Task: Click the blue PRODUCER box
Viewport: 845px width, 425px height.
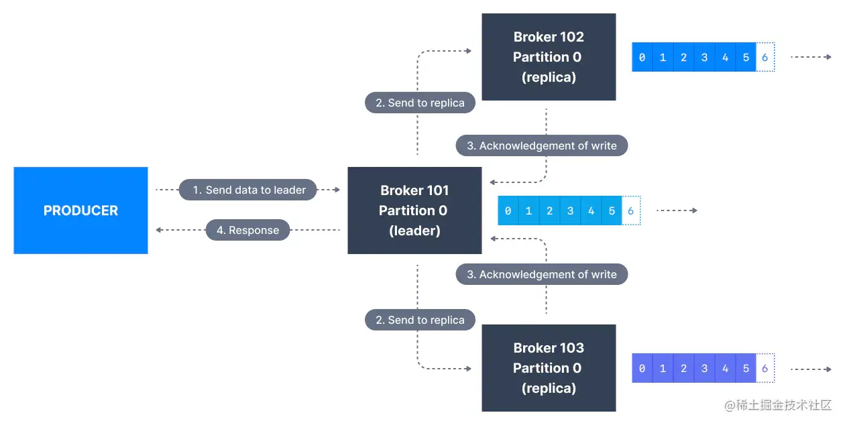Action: pos(80,210)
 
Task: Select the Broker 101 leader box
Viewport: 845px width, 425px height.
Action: pos(414,210)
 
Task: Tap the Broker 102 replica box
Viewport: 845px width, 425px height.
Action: pos(549,57)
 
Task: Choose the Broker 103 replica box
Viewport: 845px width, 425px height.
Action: pos(549,368)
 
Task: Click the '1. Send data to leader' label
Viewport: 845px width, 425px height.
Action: pos(249,190)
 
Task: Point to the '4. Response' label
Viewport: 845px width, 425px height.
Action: pos(247,231)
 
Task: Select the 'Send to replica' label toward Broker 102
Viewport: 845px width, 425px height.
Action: pos(420,103)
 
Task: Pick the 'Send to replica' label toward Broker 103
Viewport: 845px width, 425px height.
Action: pos(420,320)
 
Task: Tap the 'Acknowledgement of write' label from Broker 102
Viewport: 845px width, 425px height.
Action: pos(541,145)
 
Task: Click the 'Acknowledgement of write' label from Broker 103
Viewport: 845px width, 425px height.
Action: pos(541,274)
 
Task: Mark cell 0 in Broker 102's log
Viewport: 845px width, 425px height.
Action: pos(642,58)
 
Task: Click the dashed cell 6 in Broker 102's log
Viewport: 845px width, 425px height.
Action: pos(765,58)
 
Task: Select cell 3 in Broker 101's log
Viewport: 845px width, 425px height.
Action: pos(570,210)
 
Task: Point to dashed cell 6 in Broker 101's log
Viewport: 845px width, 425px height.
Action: pos(630,210)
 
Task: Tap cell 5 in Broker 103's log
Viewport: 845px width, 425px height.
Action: pos(746,369)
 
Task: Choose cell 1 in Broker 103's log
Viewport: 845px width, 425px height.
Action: pos(663,369)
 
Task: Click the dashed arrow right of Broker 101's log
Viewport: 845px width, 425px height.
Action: pos(677,210)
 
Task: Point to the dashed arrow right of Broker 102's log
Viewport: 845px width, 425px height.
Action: pos(811,58)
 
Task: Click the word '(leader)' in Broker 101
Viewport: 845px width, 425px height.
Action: pos(414,231)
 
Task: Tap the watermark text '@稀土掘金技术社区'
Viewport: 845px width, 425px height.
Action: pos(778,406)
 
